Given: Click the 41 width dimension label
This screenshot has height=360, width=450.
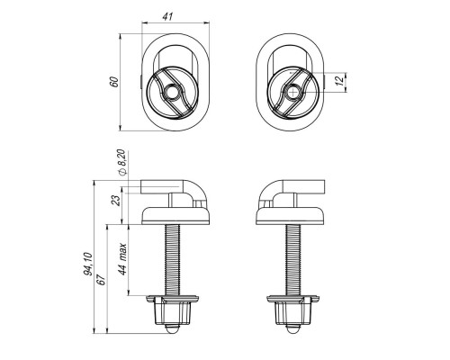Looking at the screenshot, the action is (x=167, y=16).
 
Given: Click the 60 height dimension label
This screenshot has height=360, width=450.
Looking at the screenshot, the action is (x=114, y=82).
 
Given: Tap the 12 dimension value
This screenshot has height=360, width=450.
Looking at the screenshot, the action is (x=339, y=81).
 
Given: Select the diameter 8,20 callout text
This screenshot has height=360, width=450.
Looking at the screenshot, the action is (x=123, y=162).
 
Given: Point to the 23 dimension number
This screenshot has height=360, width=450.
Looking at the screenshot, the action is (x=116, y=200).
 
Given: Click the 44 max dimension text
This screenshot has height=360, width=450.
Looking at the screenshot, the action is (x=122, y=258).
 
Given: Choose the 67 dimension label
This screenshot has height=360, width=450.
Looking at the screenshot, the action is (x=102, y=280).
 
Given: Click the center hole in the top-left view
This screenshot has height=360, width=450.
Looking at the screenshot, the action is (x=172, y=93).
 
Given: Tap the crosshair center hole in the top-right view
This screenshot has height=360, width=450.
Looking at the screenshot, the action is (x=293, y=93).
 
